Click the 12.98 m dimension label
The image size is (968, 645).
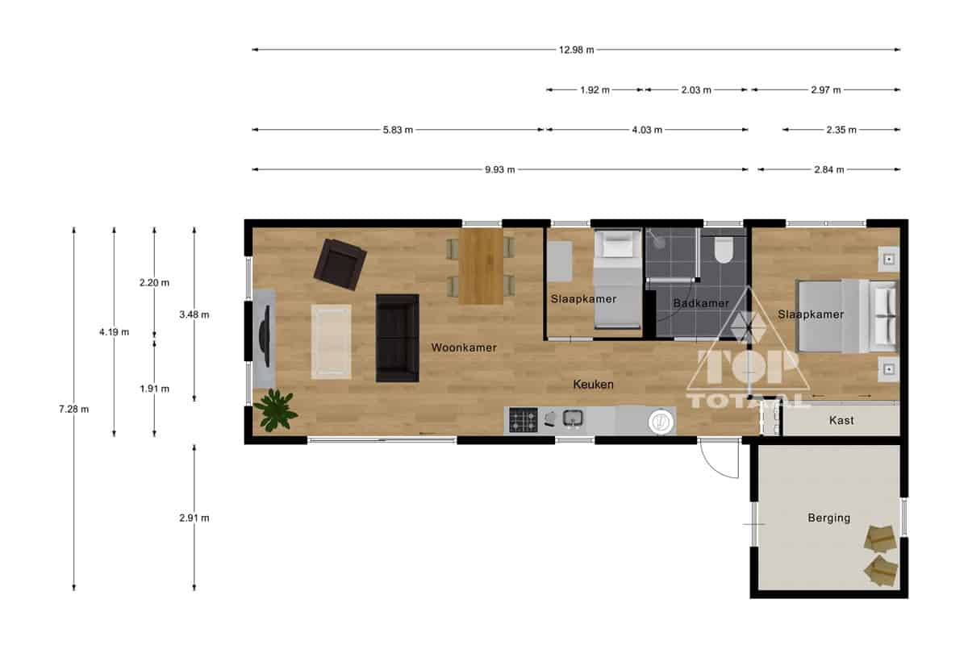coord(576,50)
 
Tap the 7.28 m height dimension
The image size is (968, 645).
coord(74,409)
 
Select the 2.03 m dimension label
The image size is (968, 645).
coord(695,90)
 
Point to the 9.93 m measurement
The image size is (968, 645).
coord(499,170)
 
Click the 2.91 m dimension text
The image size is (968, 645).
coord(194,518)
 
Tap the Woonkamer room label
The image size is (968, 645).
coord(464,347)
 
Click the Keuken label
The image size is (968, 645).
coord(594,385)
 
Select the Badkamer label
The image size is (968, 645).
coord(701,303)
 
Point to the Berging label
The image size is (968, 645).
coord(829,518)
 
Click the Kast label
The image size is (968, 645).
coord(841,420)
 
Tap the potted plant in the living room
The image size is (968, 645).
coord(275,410)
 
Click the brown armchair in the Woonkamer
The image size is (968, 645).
coord(340,264)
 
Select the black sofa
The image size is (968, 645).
coord(397,339)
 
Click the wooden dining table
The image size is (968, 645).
coord(481,266)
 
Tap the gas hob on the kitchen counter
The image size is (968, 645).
coord(524,420)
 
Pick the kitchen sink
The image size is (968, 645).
coord(573,418)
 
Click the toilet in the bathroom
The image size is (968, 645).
coord(723,250)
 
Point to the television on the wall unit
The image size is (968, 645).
coord(265,336)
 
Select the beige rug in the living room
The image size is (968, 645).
coord(331,342)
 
